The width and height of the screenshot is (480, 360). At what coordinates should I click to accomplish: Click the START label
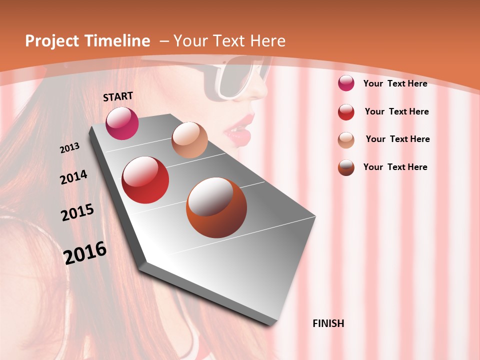[x=118, y=96]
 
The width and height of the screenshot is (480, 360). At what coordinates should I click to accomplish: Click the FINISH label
[x=328, y=323]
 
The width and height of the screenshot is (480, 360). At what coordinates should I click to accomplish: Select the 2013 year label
[x=70, y=148]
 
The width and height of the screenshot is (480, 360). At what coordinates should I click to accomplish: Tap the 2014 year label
[x=74, y=177]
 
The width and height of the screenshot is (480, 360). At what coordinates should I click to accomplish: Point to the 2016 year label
[x=85, y=252]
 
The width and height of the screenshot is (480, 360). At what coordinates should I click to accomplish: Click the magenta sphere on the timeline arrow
[x=122, y=123]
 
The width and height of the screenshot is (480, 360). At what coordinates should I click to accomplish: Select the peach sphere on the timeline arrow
[x=189, y=140]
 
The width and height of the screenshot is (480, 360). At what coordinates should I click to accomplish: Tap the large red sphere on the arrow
[x=145, y=180]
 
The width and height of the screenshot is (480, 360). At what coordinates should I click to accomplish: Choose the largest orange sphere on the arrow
[x=216, y=207]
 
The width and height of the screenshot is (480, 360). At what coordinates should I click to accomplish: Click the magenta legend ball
[x=346, y=83]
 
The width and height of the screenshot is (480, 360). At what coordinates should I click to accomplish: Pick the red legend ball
[x=346, y=111]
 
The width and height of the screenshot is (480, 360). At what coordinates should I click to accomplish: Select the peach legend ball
[x=346, y=139]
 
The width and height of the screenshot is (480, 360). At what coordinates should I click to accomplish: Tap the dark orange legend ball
[x=346, y=167]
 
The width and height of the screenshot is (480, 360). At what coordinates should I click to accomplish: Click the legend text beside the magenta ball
[x=395, y=83]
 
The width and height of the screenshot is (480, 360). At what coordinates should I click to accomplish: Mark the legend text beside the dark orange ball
[x=395, y=167]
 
